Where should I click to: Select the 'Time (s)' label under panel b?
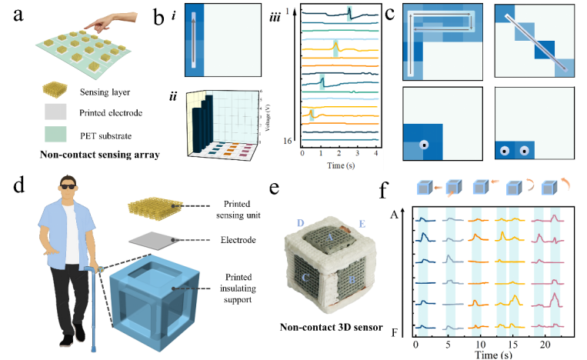(x=340, y=166)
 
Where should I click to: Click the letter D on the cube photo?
(x=300, y=223)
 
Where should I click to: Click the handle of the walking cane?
(x=98, y=268)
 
